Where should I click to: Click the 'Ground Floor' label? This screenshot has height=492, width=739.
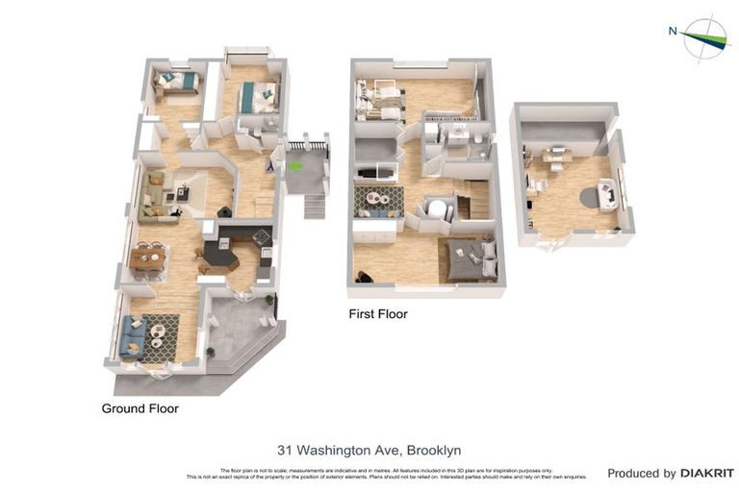coord(140,408)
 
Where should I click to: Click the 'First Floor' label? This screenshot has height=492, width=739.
coord(378,314)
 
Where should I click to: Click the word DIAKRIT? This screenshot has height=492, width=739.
coord(707,473)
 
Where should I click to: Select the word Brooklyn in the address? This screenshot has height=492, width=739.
coord(434,450)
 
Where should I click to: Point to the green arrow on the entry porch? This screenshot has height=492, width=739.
coord(297,162)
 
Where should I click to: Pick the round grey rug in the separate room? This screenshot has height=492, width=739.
coord(589,197)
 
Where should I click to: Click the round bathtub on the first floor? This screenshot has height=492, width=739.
coord(438,209)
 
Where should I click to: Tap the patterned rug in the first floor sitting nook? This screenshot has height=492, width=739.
coord(380,201)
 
